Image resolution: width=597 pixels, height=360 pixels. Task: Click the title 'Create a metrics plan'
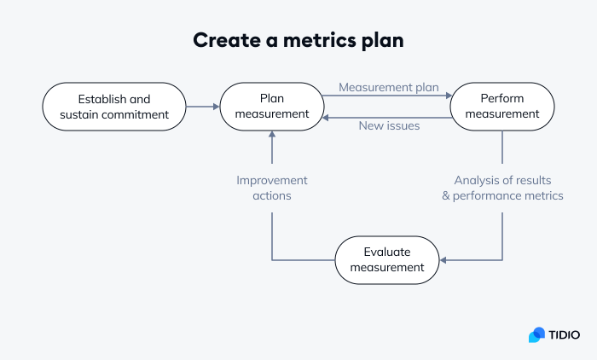click(x=298, y=40)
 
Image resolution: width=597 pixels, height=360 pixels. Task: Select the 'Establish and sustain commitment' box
click(x=114, y=107)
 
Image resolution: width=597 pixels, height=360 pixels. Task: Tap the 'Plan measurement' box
click(x=272, y=107)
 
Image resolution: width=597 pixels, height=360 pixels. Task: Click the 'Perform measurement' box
click(x=502, y=107)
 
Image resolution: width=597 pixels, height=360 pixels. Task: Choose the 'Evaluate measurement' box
click(x=387, y=259)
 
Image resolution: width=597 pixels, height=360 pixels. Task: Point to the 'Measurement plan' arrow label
click(x=388, y=87)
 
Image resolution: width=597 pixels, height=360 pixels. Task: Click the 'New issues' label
click(x=388, y=126)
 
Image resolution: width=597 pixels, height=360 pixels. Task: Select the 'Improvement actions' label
click(x=272, y=188)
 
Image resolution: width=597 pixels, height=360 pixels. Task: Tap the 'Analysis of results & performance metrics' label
click(x=502, y=188)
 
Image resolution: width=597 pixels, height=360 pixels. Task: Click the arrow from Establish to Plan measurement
click(x=203, y=107)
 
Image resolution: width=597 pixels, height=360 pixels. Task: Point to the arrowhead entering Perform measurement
click(x=446, y=96)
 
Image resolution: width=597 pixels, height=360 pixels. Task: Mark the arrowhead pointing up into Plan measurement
click(x=272, y=135)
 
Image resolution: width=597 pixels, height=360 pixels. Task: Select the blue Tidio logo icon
click(x=536, y=335)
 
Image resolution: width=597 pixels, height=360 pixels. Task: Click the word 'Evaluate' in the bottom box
click(x=387, y=252)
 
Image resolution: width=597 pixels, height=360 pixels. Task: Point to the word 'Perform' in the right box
click(x=502, y=99)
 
